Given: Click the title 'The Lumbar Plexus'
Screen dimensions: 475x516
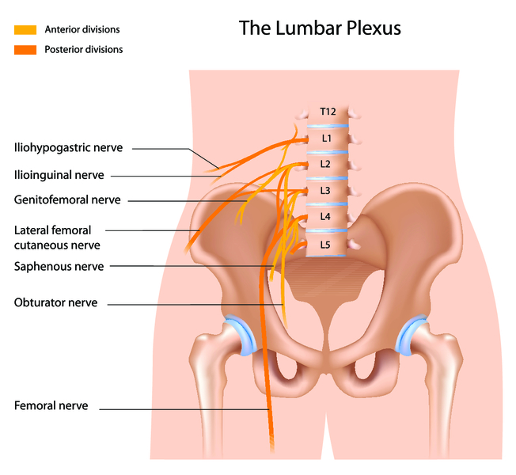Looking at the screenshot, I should pyautogui.click(x=321, y=29).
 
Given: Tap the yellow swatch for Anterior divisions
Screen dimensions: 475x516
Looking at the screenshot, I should pyautogui.click(x=25, y=30).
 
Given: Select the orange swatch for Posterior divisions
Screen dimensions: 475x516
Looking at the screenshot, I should pyautogui.click(x=25, y=49).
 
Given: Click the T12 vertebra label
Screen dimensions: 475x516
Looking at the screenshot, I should pyautogui.click(x=328, y=112).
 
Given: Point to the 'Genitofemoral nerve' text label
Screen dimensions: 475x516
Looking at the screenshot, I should pyautogui.click(x=67, y=200).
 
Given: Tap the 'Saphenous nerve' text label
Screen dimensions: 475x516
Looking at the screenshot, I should pyautogui.click(x=59, y=267).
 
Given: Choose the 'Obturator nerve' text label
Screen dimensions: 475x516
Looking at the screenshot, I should pyautogui.click(x=55, y=302).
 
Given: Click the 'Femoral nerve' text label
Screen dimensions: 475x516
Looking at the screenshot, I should pyautogui.click(x=51, y=406).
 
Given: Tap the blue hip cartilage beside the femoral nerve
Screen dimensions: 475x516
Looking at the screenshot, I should pyautogui.click(x=240, y=335).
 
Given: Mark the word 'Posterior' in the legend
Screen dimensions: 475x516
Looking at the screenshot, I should pyautogui.click(x=67, y=49).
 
